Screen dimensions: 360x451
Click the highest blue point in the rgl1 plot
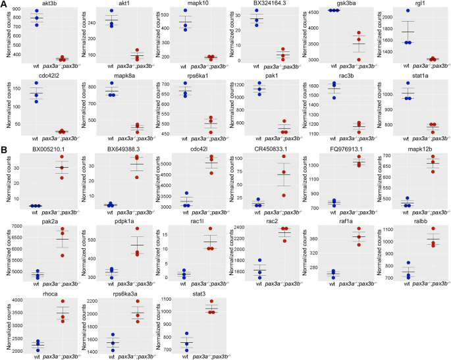408,11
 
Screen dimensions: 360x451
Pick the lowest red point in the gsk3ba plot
359,59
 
